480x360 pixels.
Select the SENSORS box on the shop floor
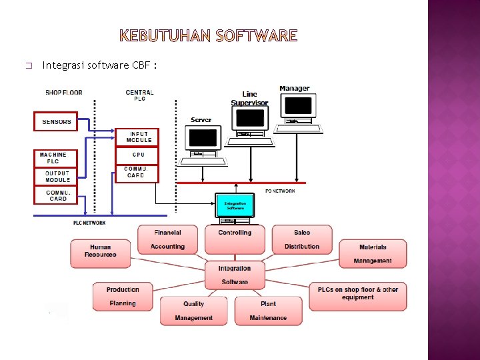(56, 121)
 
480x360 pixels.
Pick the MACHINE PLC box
(54, 158)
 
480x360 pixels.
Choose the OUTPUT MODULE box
(57, 177)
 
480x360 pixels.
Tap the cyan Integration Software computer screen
(235, 205)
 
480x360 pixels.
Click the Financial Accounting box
(167, 239)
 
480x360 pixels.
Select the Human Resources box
(101, 251)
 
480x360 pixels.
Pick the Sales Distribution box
(302, 239)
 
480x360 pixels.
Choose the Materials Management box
(372, 253)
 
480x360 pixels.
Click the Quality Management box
(193, 311)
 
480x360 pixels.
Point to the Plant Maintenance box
(268, 311)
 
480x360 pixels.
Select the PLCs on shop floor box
(357, 296)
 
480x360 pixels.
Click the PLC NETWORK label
(89, 223)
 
